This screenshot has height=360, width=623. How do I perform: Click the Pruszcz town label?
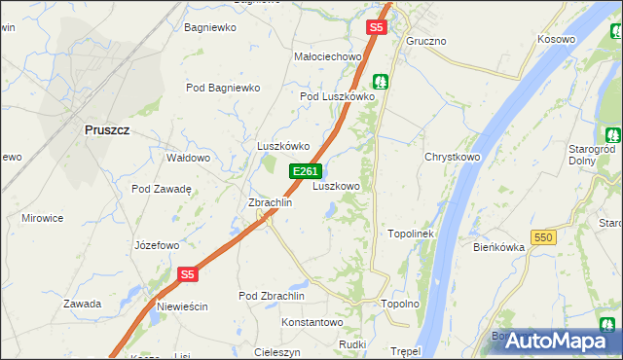(106, 129)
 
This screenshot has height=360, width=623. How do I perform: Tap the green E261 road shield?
(304, 171)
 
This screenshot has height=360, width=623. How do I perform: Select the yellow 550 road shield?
(543, 237)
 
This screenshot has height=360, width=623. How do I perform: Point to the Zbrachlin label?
(271, 202)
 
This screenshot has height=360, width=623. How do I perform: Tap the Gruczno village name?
(426, 41)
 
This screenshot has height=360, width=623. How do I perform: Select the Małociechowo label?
(328, 56)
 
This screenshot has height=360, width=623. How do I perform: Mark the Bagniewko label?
(210, 27)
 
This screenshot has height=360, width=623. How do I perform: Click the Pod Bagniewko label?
(223, 88)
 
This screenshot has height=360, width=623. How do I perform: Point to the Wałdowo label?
(189, 157)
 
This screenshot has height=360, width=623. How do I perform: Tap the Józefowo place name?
(157, 245)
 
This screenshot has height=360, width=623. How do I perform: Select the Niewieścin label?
(181, 306)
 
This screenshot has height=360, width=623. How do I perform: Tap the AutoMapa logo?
(556, 341)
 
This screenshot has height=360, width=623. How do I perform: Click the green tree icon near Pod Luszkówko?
(383, 82)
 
